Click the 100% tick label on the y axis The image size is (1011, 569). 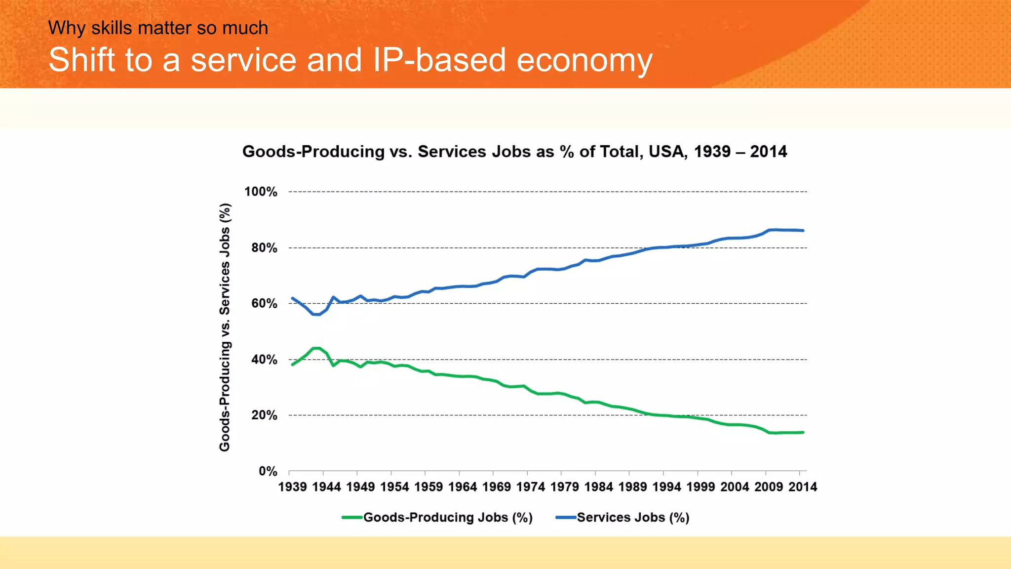(x=261, y=192)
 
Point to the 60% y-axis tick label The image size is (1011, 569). (x=264, y=303)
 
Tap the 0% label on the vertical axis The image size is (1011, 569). (x=268, y=471)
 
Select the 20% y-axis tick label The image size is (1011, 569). (x=264, y=415)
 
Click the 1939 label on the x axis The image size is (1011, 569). (x=292, y=487)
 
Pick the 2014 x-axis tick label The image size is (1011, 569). (x=803, y=487)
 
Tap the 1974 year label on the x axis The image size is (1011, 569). (x=531, y=487)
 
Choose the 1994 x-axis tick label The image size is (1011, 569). (x=666, y=487)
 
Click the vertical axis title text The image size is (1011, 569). (x=225, y=327)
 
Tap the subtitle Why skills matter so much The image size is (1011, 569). (x=158, y=28)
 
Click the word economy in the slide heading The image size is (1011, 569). (x=584, y=60)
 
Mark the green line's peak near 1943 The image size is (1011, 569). (x=316, y=348)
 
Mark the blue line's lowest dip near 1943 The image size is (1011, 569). (x=316, y=314)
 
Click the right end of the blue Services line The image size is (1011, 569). (x=803, y=231)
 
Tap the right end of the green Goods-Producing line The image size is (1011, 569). (x=803, y=432)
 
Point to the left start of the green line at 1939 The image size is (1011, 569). (x=293, y=365)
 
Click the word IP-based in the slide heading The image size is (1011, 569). (x=439, y=60)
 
